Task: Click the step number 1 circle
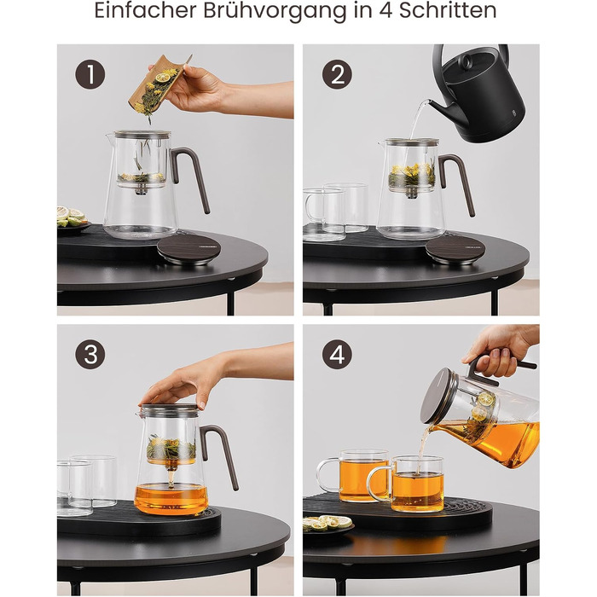pos(90,74)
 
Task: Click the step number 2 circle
pos(338,74)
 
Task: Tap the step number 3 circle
pos(90,354)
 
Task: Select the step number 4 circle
pos(338,354)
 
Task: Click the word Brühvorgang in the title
pos(275,11)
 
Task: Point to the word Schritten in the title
pos(448,10)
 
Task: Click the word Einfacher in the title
pos(146,10)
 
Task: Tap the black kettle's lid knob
pos(467,61)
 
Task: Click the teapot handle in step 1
pos(190,175)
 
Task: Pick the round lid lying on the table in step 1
pos(188,249)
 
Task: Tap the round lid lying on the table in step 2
pos(455,249)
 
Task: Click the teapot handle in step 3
pos(220,453)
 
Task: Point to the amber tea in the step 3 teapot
pos(171,498)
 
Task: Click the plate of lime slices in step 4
pos(328,525)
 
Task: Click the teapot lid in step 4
pos(438,396)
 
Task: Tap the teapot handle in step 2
pos(457,183)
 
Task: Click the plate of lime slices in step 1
pos(72,218)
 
